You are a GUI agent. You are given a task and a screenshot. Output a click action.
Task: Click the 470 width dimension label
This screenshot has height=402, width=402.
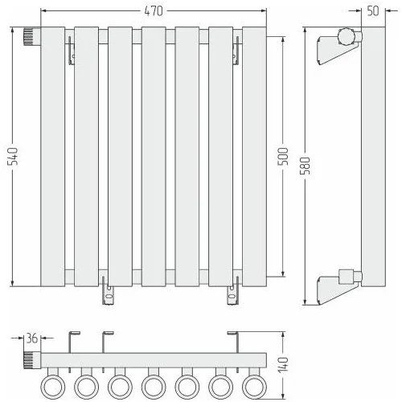[x=154, y=11]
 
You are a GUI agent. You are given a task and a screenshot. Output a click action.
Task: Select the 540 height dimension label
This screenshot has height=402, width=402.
[x=13, y=156]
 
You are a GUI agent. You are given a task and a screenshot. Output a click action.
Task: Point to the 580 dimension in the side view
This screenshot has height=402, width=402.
[x=305, y=166]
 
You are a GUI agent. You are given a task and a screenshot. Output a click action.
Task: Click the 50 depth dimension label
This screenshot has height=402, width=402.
[x=373, y=11]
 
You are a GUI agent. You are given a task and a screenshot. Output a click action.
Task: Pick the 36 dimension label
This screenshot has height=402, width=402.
[x=32, y=338]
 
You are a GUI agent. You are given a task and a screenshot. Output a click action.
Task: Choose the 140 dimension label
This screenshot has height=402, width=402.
[x=283, y=364]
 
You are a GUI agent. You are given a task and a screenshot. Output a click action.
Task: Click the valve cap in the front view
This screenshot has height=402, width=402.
[x=32, y=36]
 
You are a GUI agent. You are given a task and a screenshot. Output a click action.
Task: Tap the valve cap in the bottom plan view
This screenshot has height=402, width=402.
[x=32, y=360]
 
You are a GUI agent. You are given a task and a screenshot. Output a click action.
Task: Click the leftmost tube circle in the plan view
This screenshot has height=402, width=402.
[x=53, y=387]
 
